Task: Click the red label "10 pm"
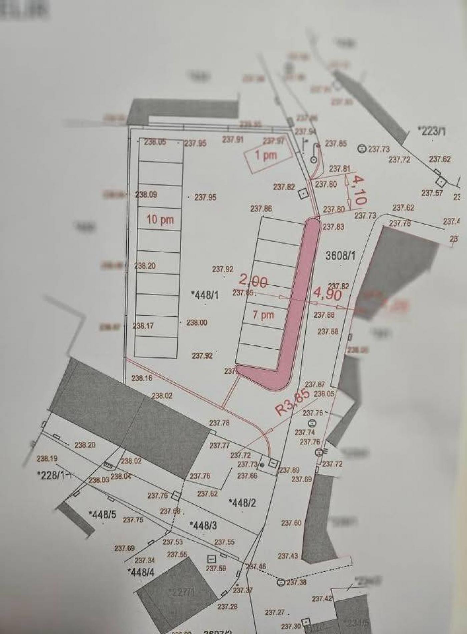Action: [160, 220]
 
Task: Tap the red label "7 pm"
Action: [263, 315]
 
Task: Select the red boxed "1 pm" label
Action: [266, 155]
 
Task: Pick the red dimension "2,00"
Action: [253, 281]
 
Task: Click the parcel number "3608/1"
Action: [340, 256]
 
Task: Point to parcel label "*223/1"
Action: [432, 131]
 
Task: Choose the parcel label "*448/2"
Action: [243, 503]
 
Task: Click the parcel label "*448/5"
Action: [102, 514]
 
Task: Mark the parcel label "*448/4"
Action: [141, 572]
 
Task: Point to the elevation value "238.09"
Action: [146, 194]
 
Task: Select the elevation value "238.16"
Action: [142, 378]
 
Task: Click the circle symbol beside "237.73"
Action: [362, 148]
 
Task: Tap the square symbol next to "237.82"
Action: [303, 194]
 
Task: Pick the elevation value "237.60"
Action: [291, 523]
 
